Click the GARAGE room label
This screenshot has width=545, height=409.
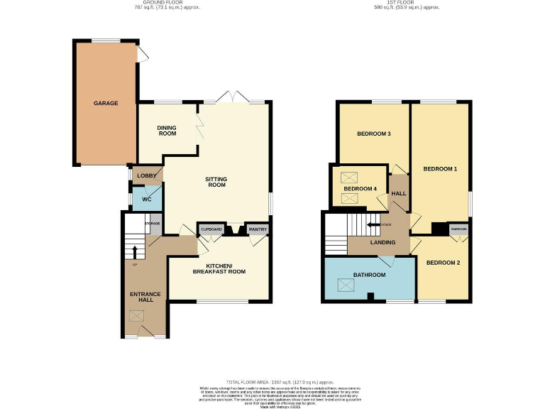pos(106,103)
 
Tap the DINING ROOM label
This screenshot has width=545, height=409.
pos(167,131)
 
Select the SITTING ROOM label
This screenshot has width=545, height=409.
pos(216,181)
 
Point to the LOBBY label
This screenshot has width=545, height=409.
pos(147,175)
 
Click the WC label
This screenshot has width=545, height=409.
pos(147,200)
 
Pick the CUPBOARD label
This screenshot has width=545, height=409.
pos(211,229)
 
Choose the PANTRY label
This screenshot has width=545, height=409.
pos(256,229)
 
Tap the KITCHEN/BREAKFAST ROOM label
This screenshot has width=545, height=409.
pos(221,268)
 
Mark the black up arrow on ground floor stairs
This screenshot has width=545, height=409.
pos(134,251)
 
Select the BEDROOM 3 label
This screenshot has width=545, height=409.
pos(373,133)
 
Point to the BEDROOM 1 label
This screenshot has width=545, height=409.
pos(440,169)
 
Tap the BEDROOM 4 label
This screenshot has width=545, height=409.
pos(360,188)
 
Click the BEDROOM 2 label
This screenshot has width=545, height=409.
pos(443,263)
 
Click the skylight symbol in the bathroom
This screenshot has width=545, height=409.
pos(346,285)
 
